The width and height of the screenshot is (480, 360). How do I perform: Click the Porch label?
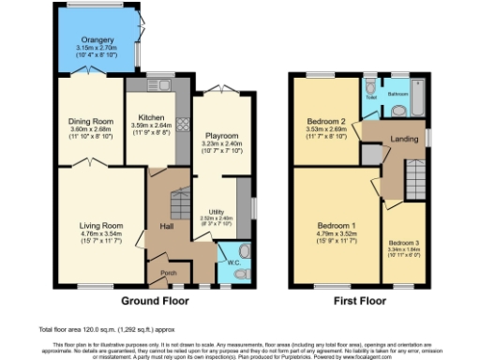pyautogui.click(x=169, y=273)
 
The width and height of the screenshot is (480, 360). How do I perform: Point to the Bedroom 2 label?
pyautogui.click(x=325, y=121)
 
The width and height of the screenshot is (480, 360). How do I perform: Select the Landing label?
pyautogui.click(x=405, y=140)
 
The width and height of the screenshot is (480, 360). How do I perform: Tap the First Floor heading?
pyautogui.click(x=359, y=302)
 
